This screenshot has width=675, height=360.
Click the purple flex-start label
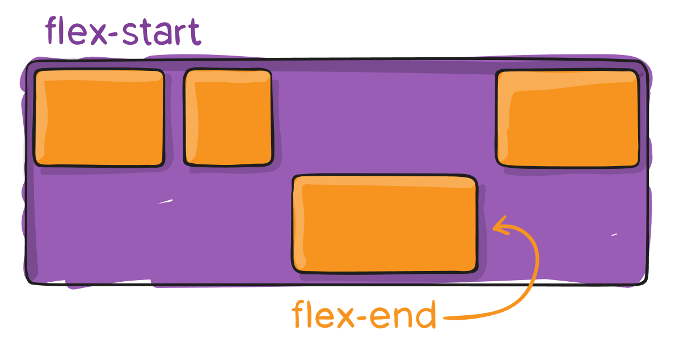point(123,31)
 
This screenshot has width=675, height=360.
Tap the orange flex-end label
point(364,314)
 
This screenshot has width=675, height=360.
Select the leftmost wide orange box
point(99,117)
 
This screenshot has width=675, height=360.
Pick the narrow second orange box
point(228,117)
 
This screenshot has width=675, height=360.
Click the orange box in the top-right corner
point(567,118)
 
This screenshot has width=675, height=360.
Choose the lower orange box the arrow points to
point(385,224)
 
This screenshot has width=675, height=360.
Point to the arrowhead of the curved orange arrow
point(501,226)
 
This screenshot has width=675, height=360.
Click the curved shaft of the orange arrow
point(531,284)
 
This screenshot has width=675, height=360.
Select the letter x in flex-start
point(99,35)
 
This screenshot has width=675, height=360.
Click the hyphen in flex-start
point(115,35)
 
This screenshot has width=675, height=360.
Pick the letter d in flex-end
point(424,315)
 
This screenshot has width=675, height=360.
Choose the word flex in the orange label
point(323,314)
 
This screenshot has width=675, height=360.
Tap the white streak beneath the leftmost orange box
point(165,201)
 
